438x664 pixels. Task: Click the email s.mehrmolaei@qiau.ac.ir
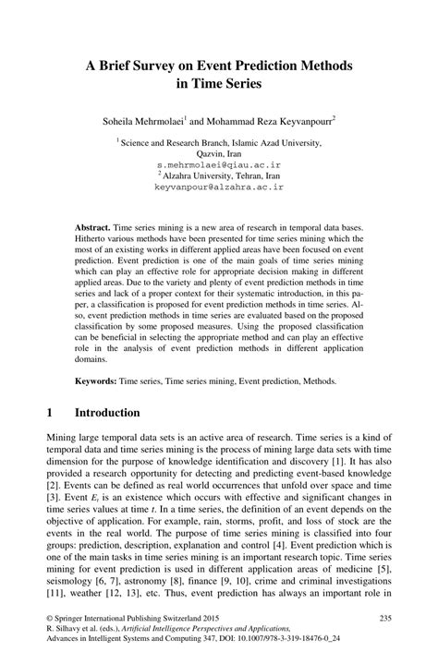coord(219,163)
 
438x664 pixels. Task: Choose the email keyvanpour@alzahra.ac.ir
coord(219,186)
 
